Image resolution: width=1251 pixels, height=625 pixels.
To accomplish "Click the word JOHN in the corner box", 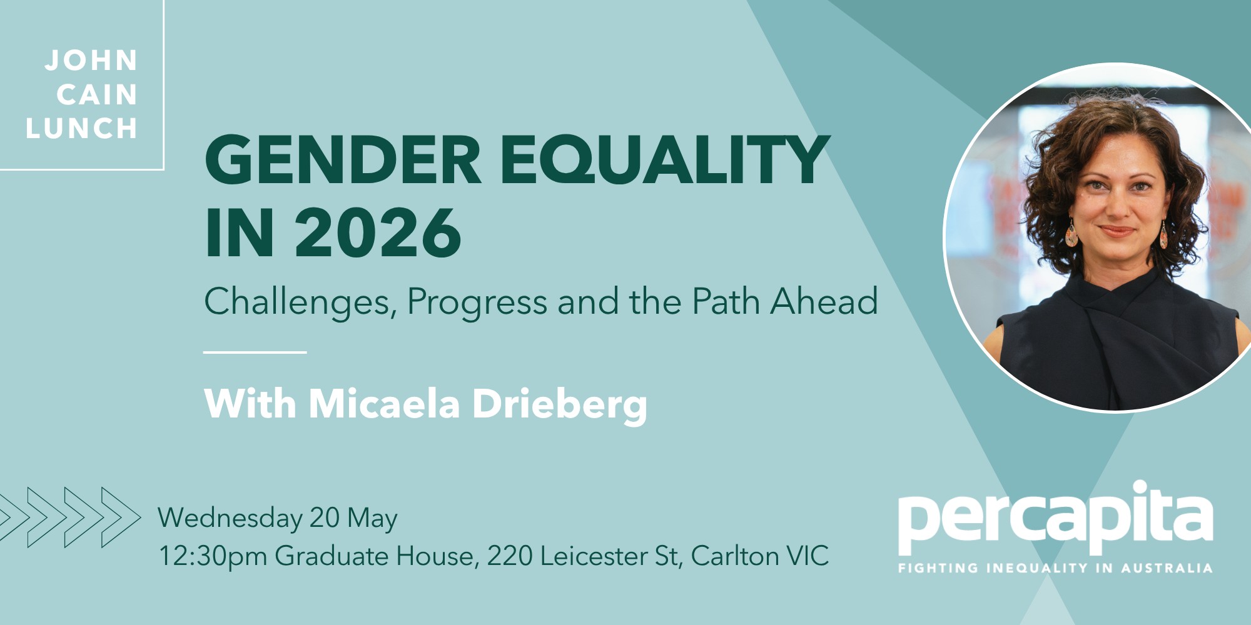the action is pos(91,61).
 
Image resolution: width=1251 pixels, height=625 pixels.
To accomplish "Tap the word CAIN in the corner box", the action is pos(98,95).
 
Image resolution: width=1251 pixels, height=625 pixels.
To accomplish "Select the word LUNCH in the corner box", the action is pos(82,129).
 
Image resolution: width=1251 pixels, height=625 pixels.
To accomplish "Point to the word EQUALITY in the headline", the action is pos(665,161).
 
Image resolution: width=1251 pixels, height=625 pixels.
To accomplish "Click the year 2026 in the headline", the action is pos(378,233).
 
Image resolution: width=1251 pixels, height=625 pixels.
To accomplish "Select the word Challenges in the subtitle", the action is pos(301,302).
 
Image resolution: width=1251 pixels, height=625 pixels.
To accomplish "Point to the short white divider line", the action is pos(255,352).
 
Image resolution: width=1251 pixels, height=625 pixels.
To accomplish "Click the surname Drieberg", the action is pos(560,405).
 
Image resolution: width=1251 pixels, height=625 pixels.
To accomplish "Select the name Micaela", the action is pos(385,404).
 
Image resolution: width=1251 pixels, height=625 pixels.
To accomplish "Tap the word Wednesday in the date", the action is pos(230,519).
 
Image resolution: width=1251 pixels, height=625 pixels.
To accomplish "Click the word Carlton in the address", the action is pos(734,556).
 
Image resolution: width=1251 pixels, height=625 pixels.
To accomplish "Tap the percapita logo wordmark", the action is pos(1055,517).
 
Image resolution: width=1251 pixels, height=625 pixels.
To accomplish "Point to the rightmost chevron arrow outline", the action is pos(121,517).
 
